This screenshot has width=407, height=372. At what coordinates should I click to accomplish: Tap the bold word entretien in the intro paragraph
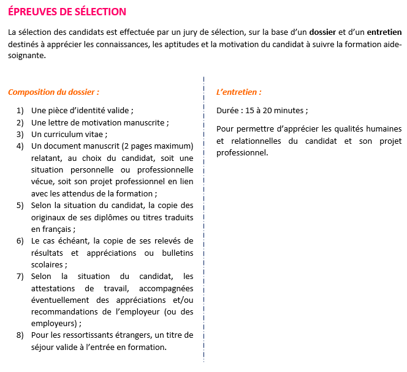[384, 32]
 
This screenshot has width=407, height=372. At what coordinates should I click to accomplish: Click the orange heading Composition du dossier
[53, 92]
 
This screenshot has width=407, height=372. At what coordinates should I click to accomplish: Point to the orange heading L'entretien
[239, 92]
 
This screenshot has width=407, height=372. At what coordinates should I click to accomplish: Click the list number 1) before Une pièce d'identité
[20, 111]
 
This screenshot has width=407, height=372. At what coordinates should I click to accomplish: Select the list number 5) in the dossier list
[20, 205]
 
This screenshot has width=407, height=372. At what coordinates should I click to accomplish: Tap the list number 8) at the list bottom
[20, 335]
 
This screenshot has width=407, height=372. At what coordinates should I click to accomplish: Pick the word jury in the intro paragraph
[195, 32]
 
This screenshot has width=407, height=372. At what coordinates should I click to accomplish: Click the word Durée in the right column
[228, 111]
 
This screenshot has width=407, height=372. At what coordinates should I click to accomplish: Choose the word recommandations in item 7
[63, 312]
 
